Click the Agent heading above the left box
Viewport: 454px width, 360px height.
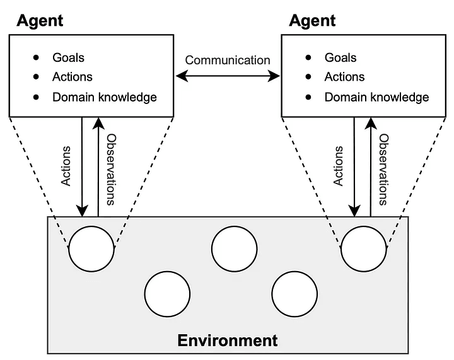[x=40, y=21]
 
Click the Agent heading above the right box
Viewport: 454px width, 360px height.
[x=312, y=21]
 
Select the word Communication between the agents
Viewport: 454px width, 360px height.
[x=228, y=60]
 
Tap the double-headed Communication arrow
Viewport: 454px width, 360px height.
[x=228, y=76]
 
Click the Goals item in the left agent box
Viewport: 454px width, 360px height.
[x=68, y=57]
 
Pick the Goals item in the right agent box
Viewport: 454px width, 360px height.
[x=340, y=57]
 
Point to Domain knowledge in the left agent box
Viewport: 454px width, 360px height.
[x=105, y=97]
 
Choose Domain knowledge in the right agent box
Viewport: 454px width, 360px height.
[x=376, y=97]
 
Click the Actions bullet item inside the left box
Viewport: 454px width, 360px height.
[x=73, y=77]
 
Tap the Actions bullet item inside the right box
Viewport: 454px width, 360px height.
[x=344, y=77]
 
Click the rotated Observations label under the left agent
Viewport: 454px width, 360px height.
[x=111, y=170]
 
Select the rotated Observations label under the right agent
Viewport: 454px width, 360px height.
[x=383, y=170]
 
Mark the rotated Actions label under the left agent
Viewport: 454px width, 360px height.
[x=66, y=166]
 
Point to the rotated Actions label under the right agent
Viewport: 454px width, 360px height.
[x=338, y=166]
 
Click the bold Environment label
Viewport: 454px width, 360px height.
[x=228, y=340]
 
